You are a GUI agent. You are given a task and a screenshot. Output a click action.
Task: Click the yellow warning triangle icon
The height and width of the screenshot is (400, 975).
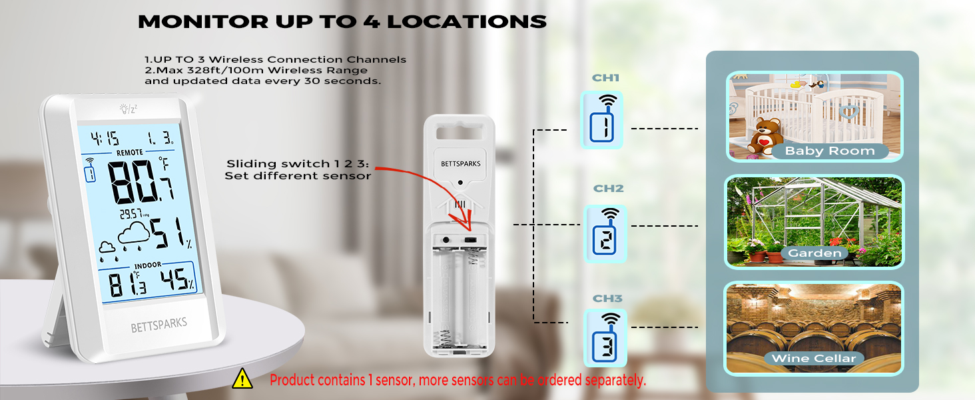point(242,379)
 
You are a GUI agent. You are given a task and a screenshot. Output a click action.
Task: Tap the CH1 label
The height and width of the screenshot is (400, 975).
point(605,78)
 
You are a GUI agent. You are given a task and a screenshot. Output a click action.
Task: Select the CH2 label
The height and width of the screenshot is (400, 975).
point(608,189)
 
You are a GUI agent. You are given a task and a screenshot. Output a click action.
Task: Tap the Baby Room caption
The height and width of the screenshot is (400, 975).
point(829,151)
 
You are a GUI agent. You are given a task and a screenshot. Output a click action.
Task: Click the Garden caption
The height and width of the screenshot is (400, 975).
point(814,253)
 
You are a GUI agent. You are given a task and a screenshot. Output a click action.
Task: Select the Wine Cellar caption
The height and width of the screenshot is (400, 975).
point(813,359)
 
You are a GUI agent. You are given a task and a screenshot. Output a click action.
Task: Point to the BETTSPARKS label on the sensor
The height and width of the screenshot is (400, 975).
point(460,163)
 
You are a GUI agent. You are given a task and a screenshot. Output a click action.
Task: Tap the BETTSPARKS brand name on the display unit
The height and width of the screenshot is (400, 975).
point(159,324)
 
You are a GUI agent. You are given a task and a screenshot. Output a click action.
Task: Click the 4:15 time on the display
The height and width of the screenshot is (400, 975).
point(105,139)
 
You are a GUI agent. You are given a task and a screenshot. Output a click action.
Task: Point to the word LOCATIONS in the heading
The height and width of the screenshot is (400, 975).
point(467,21)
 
